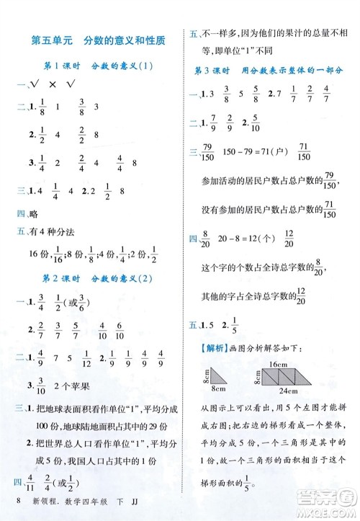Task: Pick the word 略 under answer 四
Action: click(x=31, y=213)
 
